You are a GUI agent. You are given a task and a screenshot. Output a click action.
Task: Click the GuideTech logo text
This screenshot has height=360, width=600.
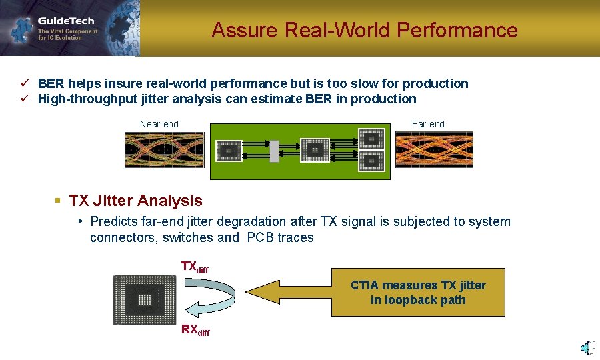(65, 21)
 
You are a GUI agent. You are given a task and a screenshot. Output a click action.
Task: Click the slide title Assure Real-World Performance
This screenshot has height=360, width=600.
(364, 30)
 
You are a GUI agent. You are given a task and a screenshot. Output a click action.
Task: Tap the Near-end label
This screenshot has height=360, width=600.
(159, 124)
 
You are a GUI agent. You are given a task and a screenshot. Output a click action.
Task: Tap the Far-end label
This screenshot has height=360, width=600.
(428, 124)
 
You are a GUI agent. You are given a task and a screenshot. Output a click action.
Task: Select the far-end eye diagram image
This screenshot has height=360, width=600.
(433, 149)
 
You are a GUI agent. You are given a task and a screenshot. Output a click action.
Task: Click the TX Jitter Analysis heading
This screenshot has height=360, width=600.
(135, 201)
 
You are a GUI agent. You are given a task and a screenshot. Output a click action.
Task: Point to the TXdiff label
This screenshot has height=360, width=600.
(195, 267)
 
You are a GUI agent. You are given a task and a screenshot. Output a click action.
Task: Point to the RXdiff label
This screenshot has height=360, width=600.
(195, 330)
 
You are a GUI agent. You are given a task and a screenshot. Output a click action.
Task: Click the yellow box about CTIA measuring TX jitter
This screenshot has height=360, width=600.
(418, 293)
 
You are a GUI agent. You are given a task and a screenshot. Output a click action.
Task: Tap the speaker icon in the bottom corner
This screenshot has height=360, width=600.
(587, 348)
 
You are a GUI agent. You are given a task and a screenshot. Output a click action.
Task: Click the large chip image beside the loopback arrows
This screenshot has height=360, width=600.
(145, 299)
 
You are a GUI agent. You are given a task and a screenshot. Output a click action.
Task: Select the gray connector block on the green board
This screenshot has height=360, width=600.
(273, 151)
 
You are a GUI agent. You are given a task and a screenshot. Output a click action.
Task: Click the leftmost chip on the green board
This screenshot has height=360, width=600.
(229, 151)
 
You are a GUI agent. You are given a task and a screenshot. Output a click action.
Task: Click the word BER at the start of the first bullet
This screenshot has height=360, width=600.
(51, 83)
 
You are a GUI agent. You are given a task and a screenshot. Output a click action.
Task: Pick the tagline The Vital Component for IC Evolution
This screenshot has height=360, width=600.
(67, 35)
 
